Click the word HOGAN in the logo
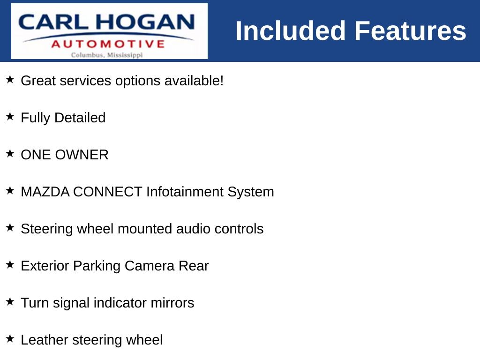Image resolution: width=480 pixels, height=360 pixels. click(145, 22)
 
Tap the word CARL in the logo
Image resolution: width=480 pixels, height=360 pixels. click(53, 22)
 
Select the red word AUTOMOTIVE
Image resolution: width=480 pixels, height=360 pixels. click(108, 44)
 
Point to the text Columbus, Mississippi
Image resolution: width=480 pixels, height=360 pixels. click(107, 55)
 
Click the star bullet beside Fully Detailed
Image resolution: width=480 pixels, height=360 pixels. click(10, 116)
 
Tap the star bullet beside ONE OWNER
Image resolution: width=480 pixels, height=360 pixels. click(10, 153)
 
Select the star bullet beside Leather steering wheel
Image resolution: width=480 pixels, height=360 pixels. click(10, 338)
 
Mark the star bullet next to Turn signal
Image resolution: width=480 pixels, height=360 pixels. click(10, 301)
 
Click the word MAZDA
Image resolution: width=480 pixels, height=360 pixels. click(45, 192)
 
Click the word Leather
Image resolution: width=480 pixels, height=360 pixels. click(45, 340)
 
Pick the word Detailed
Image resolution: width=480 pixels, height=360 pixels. click(80, 118)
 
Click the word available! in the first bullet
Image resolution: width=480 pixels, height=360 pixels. click(194, 81)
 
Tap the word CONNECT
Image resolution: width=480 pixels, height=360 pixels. click(107, 192)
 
